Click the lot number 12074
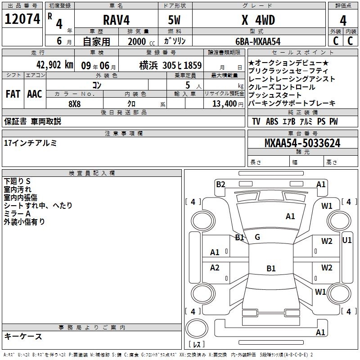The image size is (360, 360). pos(22,19)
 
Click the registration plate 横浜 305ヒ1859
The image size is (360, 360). pos(170,65)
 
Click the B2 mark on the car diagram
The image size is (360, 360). pos(220,184)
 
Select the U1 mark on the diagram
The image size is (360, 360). pos(347,240)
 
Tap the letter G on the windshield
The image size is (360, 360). pos(257,237)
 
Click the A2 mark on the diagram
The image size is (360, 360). pos(215,268)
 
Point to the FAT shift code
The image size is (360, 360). pos(13,94)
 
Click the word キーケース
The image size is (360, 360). pos(23,336)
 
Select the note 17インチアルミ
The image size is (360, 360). pos(30,143)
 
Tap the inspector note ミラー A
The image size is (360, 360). pos(17,214)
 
